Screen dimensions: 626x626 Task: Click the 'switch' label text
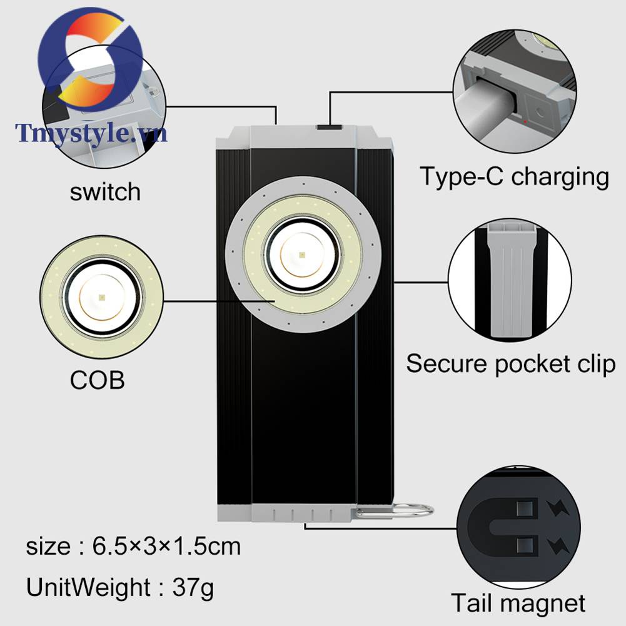tap(105, 191)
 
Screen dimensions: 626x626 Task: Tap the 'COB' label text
tap(97, 380)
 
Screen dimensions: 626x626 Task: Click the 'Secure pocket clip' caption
tap(511, 363)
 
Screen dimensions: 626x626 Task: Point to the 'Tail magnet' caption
tap(518, 603)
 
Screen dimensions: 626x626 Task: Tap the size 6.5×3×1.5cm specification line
tap(133, 547)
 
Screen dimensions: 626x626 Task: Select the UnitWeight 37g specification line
tap(120, 587)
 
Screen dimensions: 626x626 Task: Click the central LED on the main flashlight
tap(303, 255)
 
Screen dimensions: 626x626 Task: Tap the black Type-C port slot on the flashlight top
tap(330, 128)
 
